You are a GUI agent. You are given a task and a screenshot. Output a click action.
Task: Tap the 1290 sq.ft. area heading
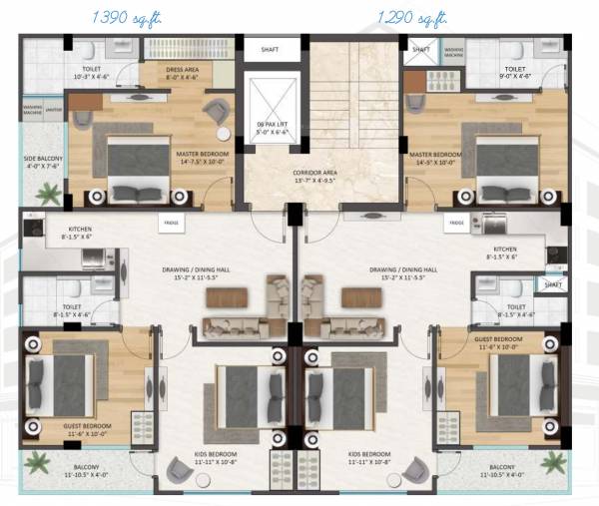(x=411, y=18)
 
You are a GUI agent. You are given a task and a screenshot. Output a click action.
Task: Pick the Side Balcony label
(x=42, y=163)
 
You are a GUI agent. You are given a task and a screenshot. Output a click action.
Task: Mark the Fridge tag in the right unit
(x=456, y=225)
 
